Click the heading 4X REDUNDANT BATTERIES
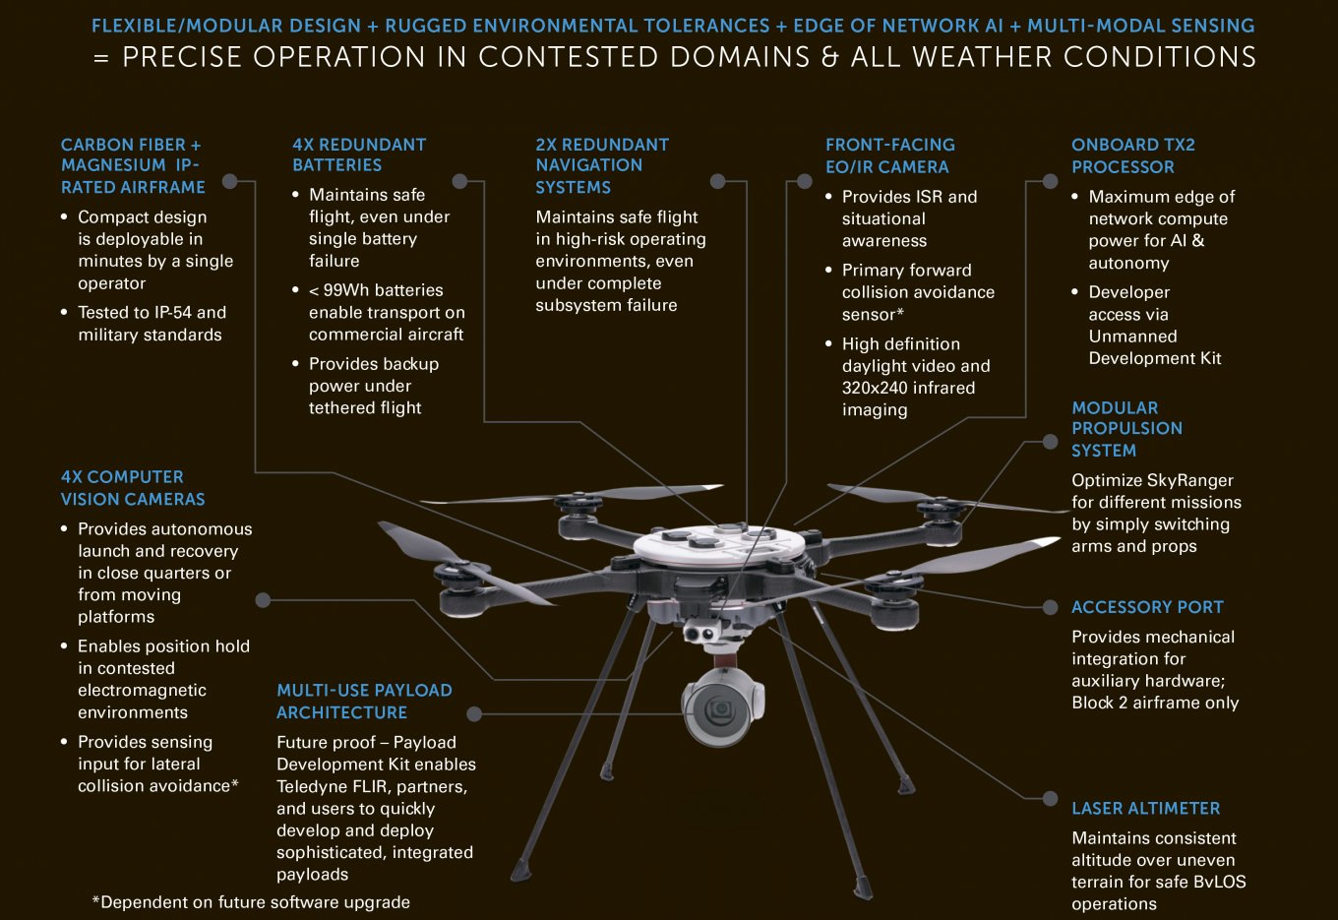(359, 154)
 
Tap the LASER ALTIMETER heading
(1145, 808)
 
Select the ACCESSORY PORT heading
(1147, 607)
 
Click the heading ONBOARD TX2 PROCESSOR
(1133, 155)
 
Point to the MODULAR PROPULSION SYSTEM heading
(1126, 429)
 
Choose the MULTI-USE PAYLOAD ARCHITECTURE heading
(364, 701)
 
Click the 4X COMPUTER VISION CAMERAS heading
(133, 487)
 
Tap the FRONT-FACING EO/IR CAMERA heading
(890, 155)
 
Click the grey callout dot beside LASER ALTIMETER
(1050, 798)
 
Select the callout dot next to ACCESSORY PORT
(1050, 607)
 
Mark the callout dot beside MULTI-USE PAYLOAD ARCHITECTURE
(473, 713)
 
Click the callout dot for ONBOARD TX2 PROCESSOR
(1050, 181)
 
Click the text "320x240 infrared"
(908, 388)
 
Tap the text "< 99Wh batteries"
(376, 289)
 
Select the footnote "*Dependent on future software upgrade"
(251, 901)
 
